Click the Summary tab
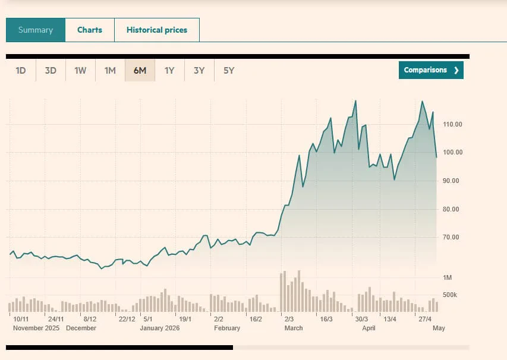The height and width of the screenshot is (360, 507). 36,30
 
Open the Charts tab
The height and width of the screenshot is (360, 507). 90,30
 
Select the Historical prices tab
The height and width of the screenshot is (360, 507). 157,30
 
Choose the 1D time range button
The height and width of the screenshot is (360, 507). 21,71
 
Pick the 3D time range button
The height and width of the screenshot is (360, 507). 51,71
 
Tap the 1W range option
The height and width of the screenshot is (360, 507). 80,71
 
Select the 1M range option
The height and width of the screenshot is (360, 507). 110,71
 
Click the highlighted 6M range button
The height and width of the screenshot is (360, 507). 140,71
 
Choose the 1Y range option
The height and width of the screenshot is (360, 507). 169,71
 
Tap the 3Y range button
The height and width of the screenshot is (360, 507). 199,71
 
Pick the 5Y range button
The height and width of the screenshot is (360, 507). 229,71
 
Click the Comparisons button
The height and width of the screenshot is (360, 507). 431,70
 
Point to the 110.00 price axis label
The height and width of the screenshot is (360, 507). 452,124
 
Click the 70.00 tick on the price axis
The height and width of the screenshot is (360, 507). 451,237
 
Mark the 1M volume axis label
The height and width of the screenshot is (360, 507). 447,277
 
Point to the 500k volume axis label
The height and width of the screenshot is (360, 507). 450,295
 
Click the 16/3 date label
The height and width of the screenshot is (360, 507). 326,319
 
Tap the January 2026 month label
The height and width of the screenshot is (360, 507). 160,328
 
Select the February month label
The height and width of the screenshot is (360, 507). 227,328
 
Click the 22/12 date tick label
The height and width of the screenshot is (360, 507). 127,319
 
